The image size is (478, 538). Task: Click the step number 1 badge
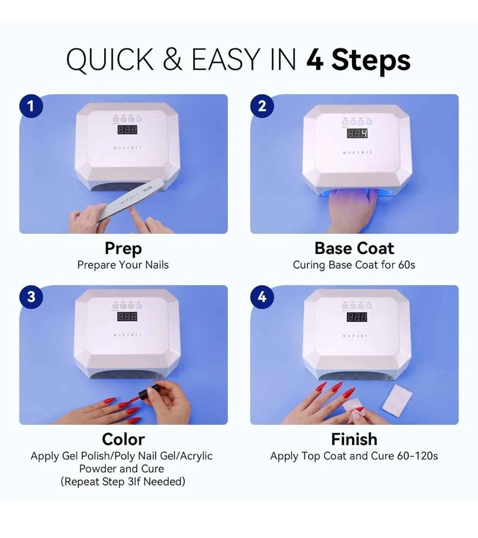31,106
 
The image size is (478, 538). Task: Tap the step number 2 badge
262,106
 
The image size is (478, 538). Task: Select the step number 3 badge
31,297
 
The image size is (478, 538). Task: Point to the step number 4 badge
262,297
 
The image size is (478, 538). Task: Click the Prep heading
123,248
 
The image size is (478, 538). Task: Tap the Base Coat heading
354,248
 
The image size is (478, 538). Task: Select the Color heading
123,439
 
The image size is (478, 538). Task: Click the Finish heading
354,439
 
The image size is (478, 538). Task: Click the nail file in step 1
127,200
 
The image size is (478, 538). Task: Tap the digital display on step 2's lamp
358,133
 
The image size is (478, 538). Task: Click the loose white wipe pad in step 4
397,400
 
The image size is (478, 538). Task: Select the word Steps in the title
371,60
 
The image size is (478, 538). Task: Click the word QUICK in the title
110,61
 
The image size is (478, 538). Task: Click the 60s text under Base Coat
406,265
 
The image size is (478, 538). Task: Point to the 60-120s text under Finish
418,456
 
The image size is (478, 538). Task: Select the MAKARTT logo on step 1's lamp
128,148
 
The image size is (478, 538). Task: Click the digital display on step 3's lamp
128,316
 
